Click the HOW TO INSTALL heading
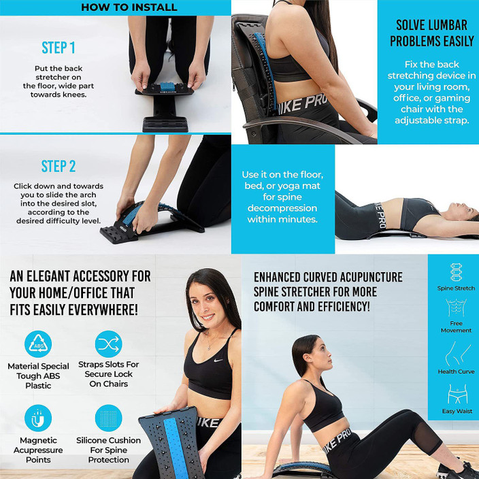[x=129, y=7]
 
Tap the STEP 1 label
[x=59, y=48]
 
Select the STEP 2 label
[x=59, y=166]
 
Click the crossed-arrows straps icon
[x=109, y=344]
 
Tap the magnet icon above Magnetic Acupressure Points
[x=37, y=417]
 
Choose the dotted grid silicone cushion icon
[x=109, y=417]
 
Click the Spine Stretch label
[x=456, y=288]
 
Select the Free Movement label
[x=456, y=327]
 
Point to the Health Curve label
[x=456, y=371]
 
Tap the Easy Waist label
[x=456, y=411]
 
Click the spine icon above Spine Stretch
[x=456, y=272]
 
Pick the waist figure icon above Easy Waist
[x=456, y=393]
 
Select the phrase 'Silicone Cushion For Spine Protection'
[x=109, y=450]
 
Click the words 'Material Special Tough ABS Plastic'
[x=38, y=375]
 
